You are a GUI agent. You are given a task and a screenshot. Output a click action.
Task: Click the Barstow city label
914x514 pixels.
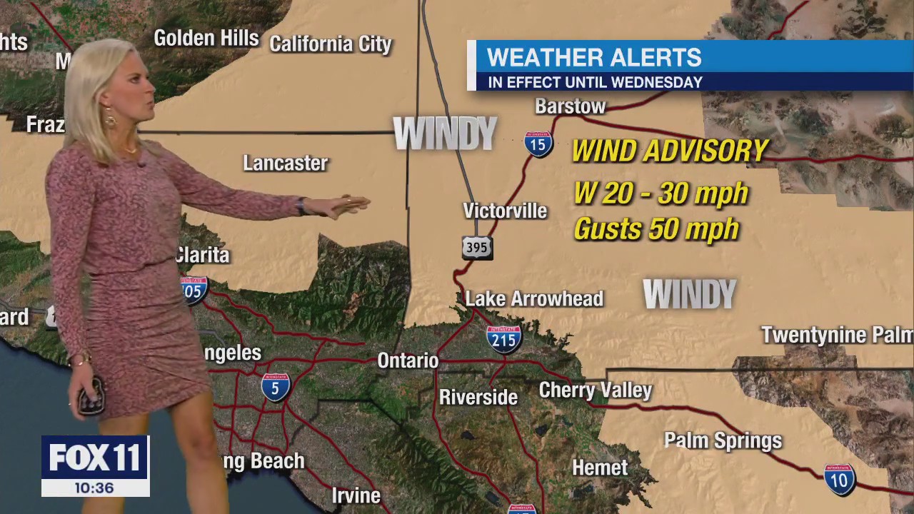(570, 106)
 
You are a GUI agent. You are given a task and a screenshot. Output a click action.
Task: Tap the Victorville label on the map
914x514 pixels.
(505, 211)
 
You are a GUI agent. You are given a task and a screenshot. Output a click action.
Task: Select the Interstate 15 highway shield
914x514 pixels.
(538, 144)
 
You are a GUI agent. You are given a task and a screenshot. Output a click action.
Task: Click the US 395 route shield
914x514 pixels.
(477, 248)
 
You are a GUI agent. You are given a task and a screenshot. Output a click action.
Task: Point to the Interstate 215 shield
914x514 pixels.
(504, 339)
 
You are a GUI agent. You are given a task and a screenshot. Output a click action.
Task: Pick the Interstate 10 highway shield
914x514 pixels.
(839, 480)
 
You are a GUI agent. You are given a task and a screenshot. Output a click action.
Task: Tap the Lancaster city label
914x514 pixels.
(285, 163)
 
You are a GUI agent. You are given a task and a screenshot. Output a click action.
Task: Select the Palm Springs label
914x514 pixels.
(723, 440)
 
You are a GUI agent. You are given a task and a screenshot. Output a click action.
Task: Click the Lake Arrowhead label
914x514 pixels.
(534, 298)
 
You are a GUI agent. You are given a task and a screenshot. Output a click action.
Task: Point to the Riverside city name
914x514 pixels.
(478, 397)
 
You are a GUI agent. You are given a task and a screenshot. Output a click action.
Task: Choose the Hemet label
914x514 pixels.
(600, 468)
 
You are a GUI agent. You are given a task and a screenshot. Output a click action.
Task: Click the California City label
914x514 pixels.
(331, 44)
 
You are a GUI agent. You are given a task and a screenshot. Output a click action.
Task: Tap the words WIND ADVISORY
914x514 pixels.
(669, 151)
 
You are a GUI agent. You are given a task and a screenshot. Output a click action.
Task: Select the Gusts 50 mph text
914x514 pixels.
(656, 229)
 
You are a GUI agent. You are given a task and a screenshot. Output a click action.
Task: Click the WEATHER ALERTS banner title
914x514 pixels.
(594, 57)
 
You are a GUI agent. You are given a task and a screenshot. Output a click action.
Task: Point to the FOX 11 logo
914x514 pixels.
(95, 458)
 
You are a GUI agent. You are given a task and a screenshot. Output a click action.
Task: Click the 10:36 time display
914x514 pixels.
(94, 488)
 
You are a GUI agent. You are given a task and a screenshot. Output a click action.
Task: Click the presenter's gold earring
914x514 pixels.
(111, 118)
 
